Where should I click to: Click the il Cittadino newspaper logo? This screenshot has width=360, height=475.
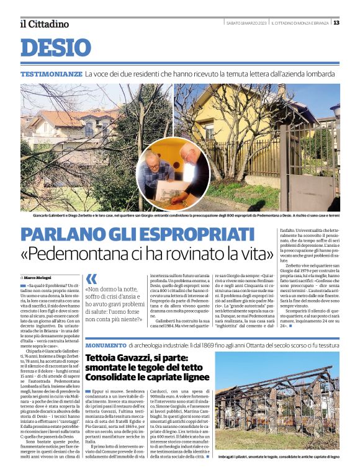pyautogui.click(x=44, y=24)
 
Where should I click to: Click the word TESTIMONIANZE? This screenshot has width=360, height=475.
pyautogui.click(x=51, y=74)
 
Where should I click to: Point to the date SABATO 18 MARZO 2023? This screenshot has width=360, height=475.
pyautogui.click(x=246, y=23)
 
